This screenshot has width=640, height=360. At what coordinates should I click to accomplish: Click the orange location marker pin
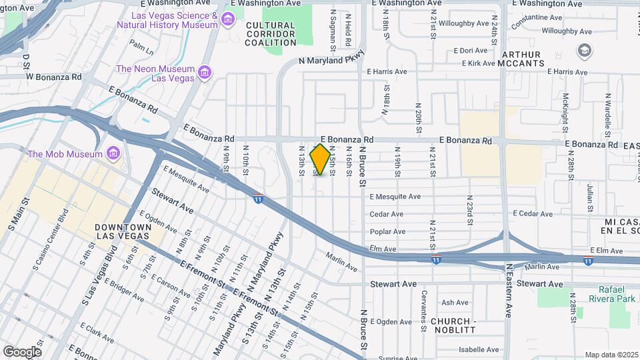click(x=320, y=159)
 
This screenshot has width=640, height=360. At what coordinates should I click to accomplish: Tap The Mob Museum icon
click(x=112, y=154)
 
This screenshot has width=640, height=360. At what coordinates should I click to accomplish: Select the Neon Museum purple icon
click(x=204, y=72)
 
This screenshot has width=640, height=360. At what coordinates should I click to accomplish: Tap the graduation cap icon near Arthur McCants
click(x=584, y=50)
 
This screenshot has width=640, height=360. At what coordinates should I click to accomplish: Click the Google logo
click(x=22, y=351)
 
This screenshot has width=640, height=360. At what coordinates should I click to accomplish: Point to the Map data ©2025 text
click(x=611, y=355)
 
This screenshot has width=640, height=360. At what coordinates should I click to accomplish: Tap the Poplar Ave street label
click(x=387, y=232)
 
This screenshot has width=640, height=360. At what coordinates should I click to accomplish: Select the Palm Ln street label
click(x=141, y=47)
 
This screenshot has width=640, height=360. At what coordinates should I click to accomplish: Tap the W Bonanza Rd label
click(x=53, y=77)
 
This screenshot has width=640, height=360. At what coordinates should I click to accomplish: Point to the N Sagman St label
click(x=332, y=31)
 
